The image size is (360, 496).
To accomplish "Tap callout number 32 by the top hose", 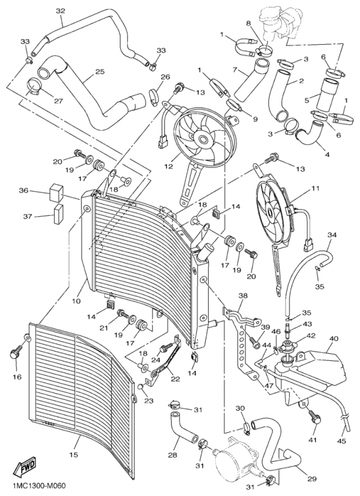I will pos(60,11).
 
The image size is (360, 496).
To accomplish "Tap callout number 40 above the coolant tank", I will pos(333,339).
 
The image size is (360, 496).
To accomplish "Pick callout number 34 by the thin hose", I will pos(332,235).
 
